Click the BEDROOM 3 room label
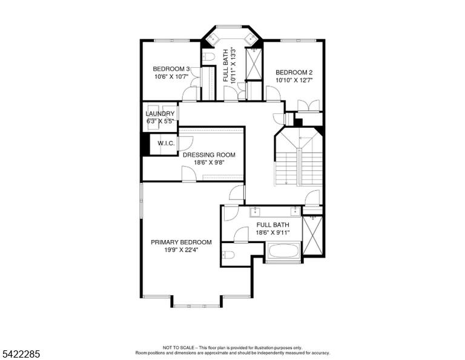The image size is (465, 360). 171,69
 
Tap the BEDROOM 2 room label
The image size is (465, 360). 294,72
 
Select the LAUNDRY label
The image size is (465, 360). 160,114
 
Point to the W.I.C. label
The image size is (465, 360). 166,144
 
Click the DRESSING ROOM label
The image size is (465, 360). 209,155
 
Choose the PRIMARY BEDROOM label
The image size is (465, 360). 181,242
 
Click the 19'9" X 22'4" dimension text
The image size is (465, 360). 181,250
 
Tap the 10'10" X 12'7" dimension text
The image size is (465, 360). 294,80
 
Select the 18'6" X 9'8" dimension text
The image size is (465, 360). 209,162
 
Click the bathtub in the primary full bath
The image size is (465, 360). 284,251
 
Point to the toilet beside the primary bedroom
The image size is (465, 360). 228,255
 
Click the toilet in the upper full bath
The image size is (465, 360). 208,57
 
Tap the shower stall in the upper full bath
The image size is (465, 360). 254,64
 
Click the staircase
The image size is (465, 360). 299,157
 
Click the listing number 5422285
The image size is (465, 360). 21,354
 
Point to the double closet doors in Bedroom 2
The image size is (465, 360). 308,105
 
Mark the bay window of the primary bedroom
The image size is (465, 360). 197,305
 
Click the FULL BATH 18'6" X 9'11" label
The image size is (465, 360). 273,229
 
